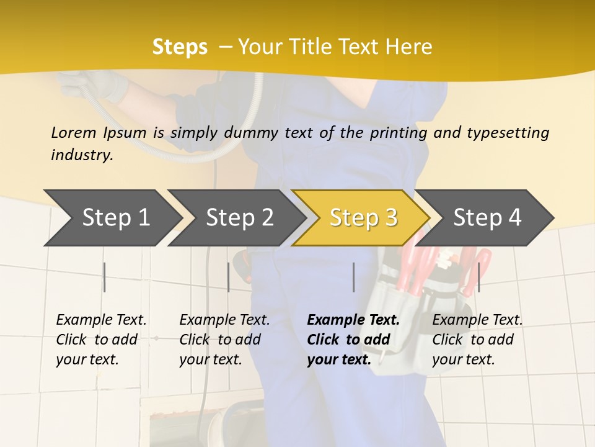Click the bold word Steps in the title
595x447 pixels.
click(x=180, y=47)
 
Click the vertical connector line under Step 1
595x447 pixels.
click(x=105, y=277)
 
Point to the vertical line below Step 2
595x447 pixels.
click(x=229, y=277)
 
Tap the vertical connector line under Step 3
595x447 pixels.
click(x=353, y=277)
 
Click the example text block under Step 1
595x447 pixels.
click(x=101, y=340)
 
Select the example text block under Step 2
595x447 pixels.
click(x=224, y=340)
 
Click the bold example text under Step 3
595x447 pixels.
click(x=353, y=340)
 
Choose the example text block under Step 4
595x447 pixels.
click(x=477, y=340)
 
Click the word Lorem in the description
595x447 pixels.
click(x=74, y=132)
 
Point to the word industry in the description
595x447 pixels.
click(x=82, y=155)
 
